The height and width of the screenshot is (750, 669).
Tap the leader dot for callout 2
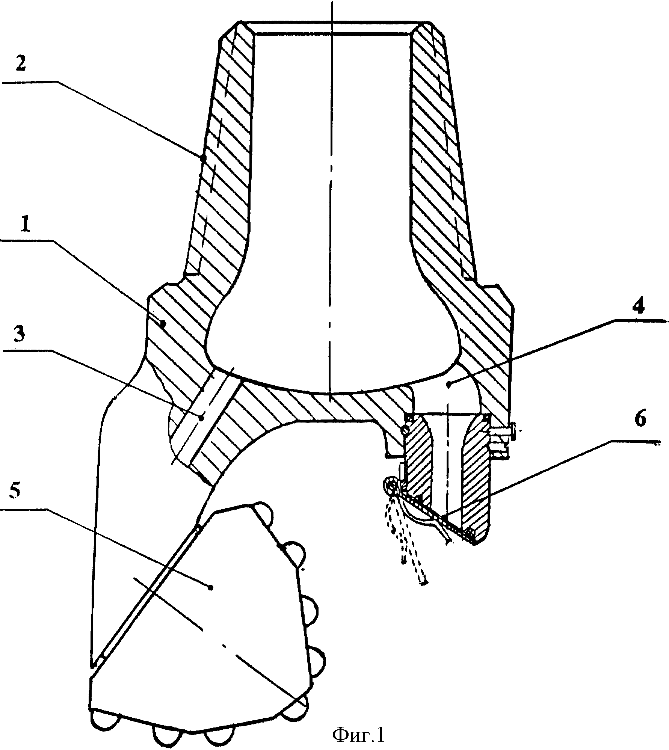point(203,158)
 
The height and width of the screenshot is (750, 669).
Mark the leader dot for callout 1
point(163,323)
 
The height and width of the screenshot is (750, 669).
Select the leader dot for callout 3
point(202,417)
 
